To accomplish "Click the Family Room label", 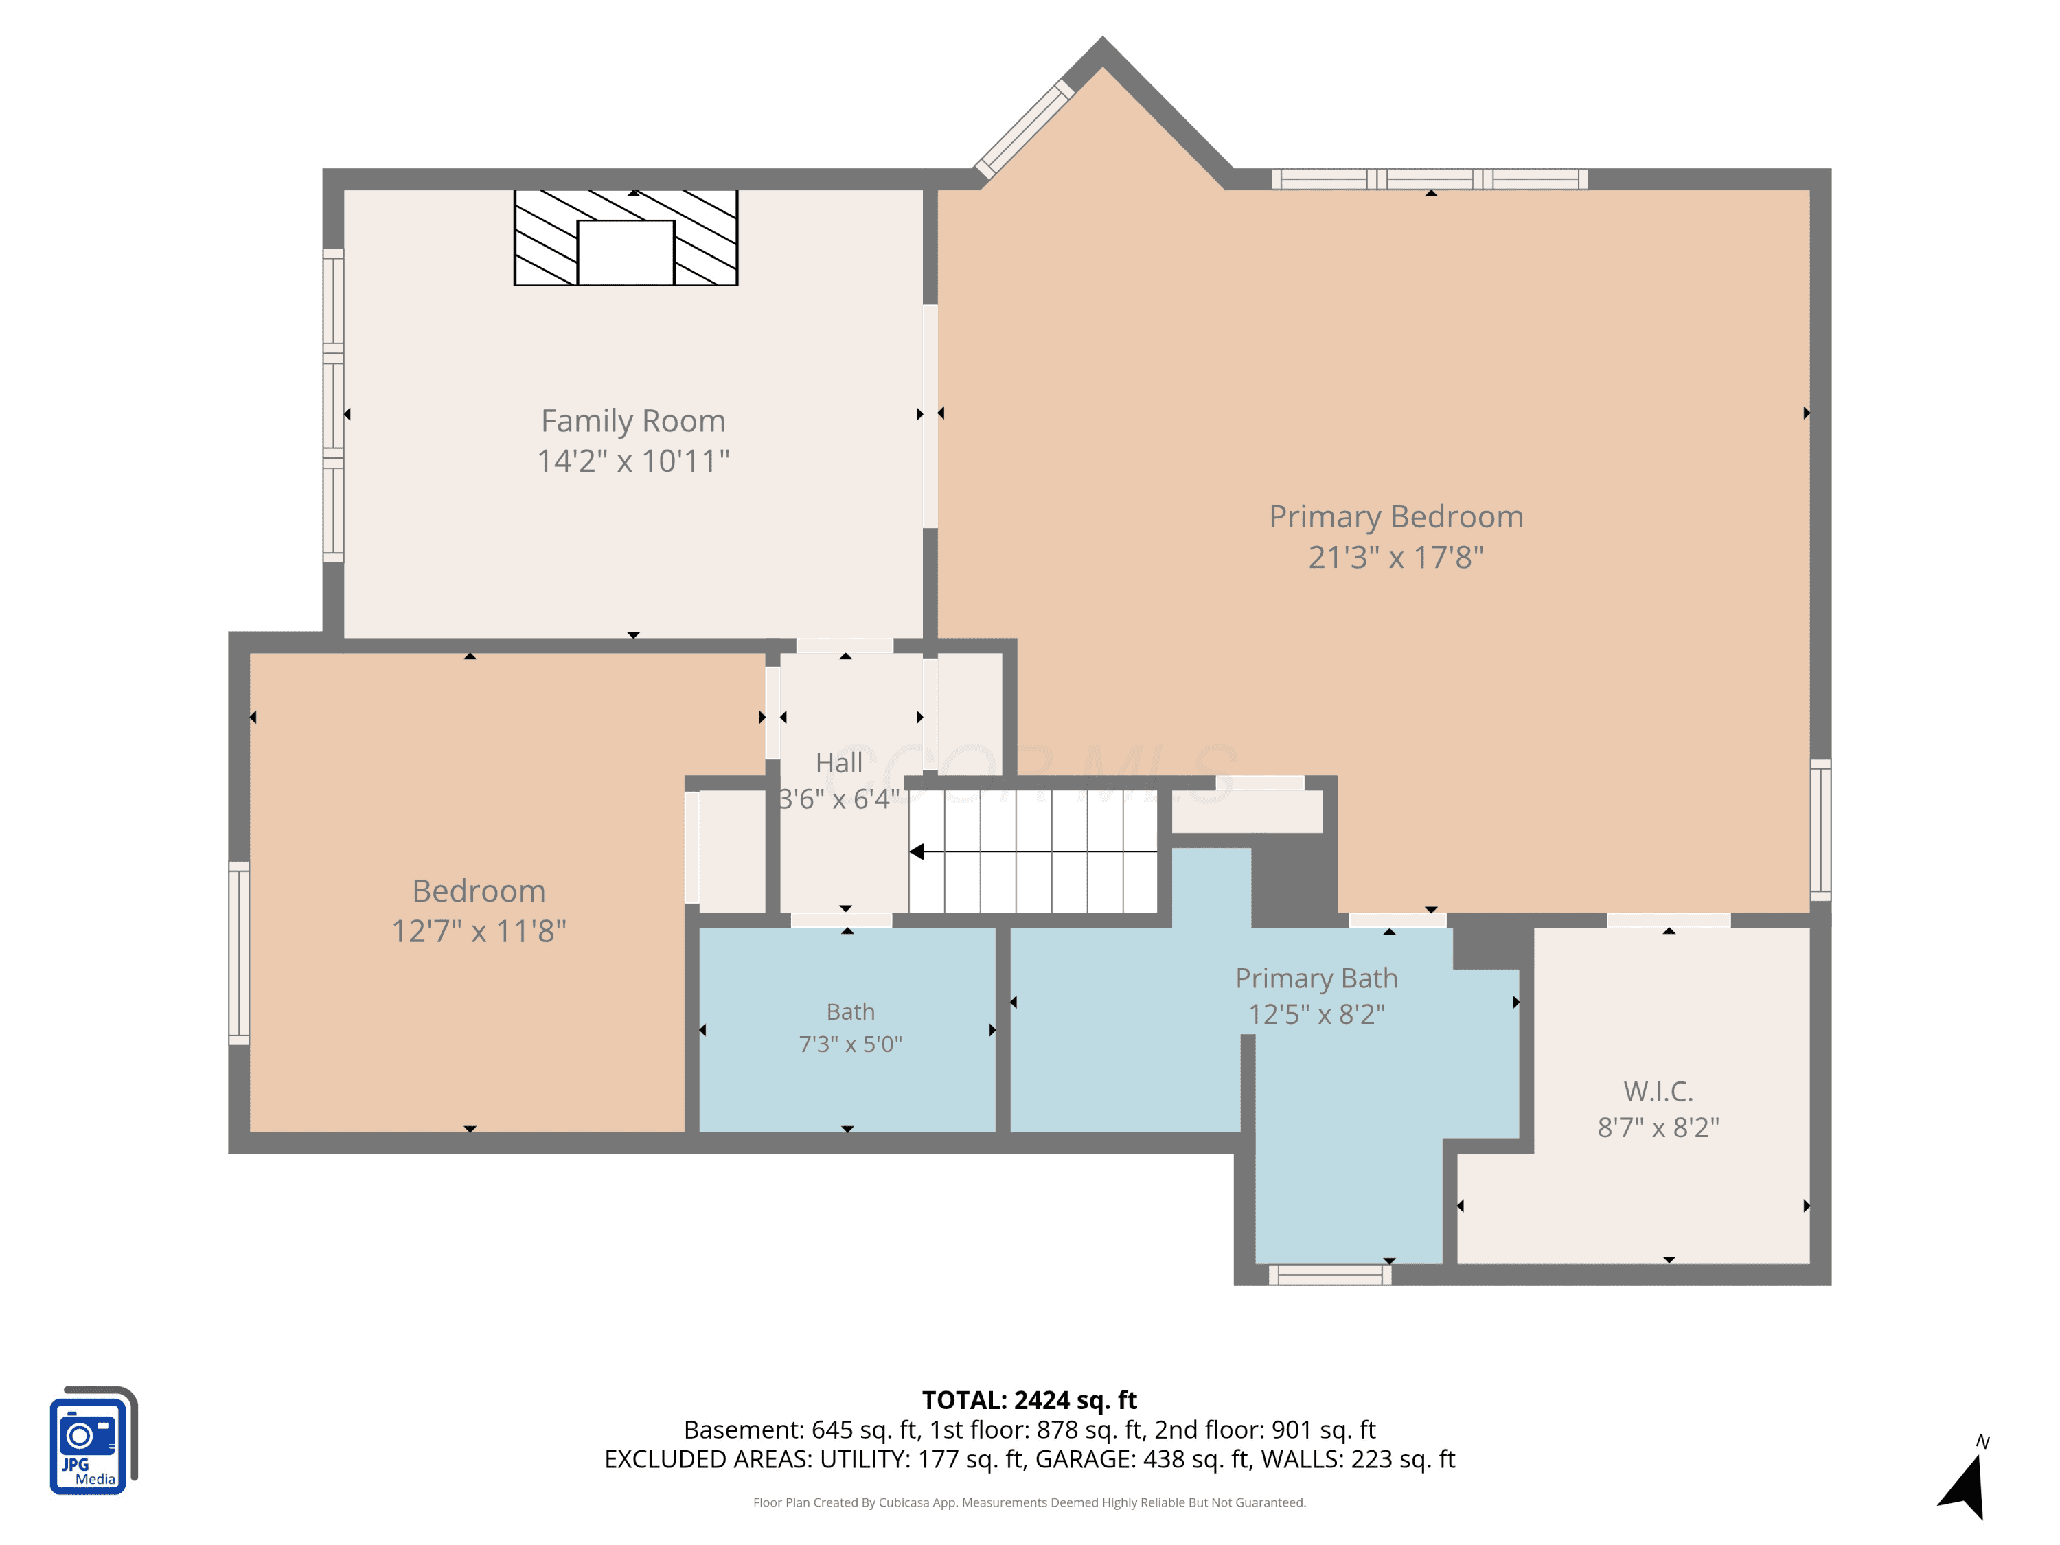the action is (633, 421).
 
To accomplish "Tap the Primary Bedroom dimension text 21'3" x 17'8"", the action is (1396, 557).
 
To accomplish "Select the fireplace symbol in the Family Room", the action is (626, 238).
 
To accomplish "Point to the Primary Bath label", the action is (1316, 978).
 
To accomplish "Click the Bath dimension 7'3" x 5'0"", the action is (850, 1044).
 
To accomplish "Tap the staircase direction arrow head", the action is (917, 851).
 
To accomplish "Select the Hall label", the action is (839, 763).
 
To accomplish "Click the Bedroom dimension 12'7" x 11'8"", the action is (479, 930).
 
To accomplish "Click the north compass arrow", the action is (1965, 1487).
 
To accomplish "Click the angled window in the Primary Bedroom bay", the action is (1025, 130).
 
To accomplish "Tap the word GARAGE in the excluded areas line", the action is (1085, 1459).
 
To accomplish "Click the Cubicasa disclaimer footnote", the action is (1029, 1502).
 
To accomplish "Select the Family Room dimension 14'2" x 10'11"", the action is (633, 461).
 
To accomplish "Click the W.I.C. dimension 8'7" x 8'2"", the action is (1658, 1128).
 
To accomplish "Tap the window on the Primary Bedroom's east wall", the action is (1820, 829).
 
